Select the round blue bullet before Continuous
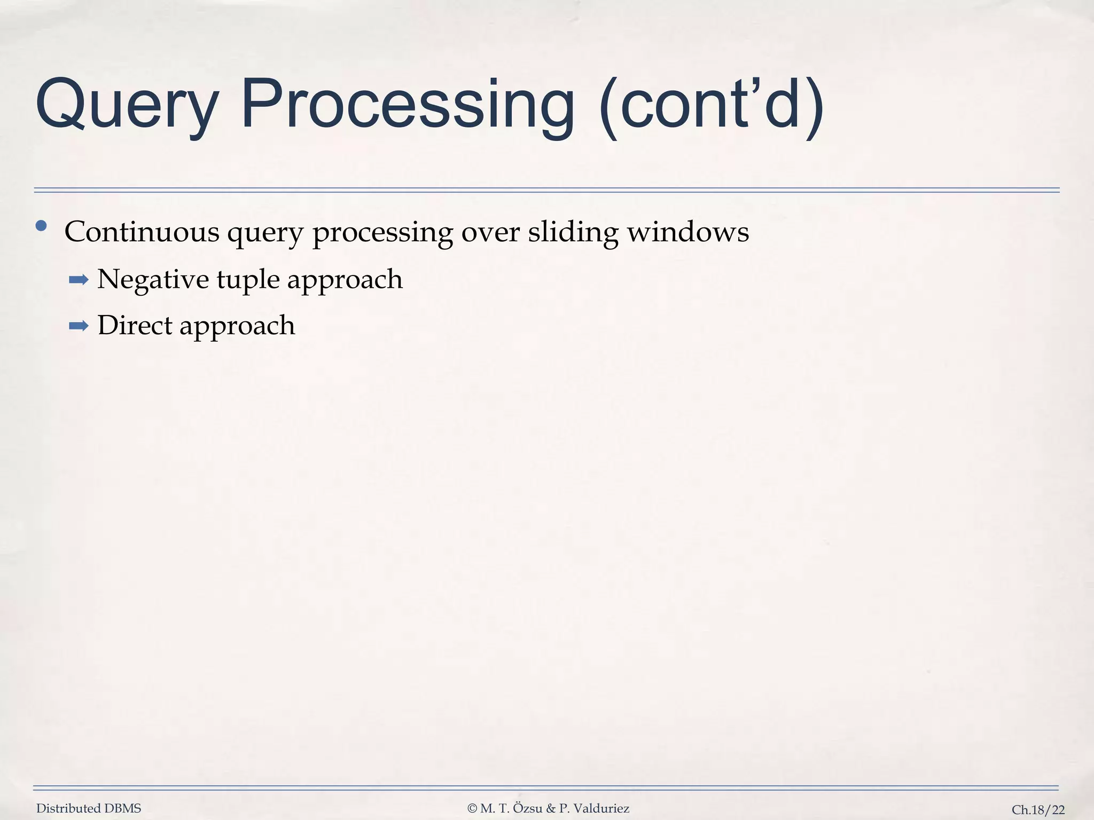[x=41, y=226]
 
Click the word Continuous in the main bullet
[x=142, y=232]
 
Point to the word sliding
[x=573, y=232]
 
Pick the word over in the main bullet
[x=490, y=232]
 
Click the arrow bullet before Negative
[x=79, y=280]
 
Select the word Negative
[x=153, y=280]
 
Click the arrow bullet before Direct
[x=79, y=326]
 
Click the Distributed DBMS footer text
[x=89, y=809]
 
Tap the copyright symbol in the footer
[x=472, y=809]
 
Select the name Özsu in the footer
[x=528, y=809]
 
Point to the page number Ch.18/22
[x=1038, y=810]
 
